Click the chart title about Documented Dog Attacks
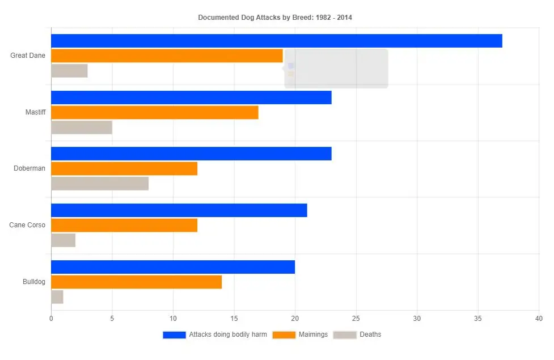[274, 18]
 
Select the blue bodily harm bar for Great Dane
[276, 41]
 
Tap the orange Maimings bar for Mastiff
[154, 112]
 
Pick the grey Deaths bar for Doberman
[100, 184]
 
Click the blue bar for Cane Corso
[179, 210]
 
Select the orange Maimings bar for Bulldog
[136, 282]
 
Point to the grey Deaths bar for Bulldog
[57, 297]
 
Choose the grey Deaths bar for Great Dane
[69, 71]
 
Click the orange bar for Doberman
[124, 168]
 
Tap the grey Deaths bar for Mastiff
[82, 128]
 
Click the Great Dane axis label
[28, 56]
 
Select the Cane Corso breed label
[27, 225]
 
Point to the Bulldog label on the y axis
[34, 282]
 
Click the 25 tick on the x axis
[356, 319]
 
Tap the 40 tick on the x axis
[539, 319]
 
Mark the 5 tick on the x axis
[112, 319]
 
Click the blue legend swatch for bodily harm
[174, 335]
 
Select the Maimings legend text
[313, 334]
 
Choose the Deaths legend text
[370, 334]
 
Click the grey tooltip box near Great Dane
[336, 69]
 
